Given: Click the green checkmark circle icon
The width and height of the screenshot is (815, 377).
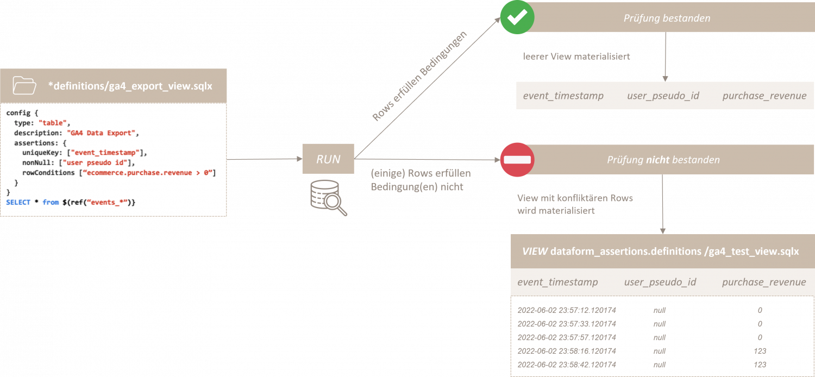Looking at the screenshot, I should [517, 17].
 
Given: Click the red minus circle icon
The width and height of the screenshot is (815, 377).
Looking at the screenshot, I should [517, 160].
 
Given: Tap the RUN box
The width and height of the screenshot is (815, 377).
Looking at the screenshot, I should [328, 159].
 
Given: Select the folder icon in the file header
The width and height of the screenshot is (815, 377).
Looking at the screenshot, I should [24, 86].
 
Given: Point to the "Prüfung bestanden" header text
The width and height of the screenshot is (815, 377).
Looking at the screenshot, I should [666, 18].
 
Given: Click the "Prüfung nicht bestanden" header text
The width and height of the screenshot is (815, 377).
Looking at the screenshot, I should [663, 160].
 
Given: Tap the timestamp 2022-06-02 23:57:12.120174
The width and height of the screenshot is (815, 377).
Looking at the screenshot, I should [567, 310].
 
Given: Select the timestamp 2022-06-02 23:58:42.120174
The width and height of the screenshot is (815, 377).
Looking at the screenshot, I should [567, 365].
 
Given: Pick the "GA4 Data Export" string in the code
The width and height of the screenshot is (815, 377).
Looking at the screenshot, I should [103, 133].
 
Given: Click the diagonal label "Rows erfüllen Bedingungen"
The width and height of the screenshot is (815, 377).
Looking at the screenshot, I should [419, 77].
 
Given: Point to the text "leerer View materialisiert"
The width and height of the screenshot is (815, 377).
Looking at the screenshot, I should [576, 56].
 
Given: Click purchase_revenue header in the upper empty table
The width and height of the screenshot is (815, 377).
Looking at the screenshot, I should [764, 96].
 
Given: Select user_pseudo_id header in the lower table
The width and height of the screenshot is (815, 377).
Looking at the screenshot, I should [660, 282].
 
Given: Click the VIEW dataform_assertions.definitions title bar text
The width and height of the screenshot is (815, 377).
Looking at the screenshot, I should [660, 252].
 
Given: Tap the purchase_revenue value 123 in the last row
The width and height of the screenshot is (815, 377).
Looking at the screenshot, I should [760, 365].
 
